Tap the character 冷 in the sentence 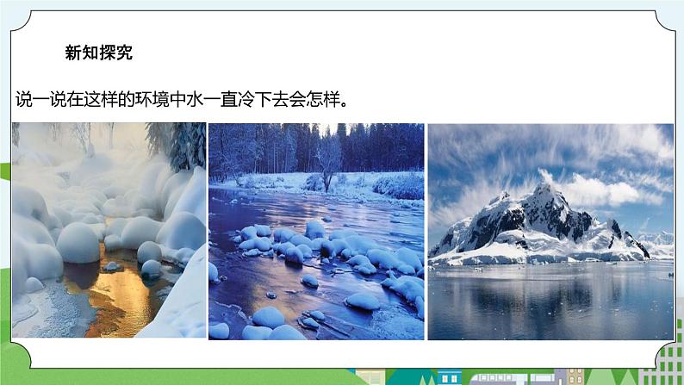click(275, 99)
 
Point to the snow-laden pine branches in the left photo click(181, 142)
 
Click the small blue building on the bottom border click(449, 378)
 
